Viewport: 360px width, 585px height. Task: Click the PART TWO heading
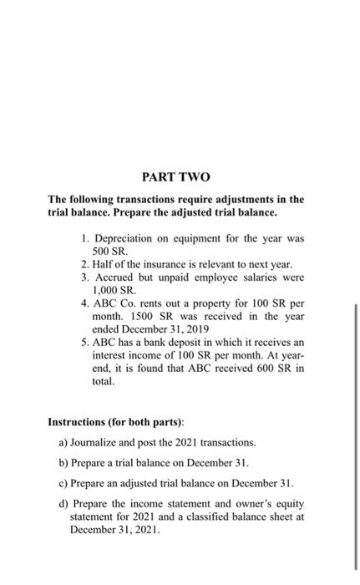(176, 177)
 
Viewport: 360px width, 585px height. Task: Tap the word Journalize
(99, 440)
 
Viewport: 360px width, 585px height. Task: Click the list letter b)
(64, 461)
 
